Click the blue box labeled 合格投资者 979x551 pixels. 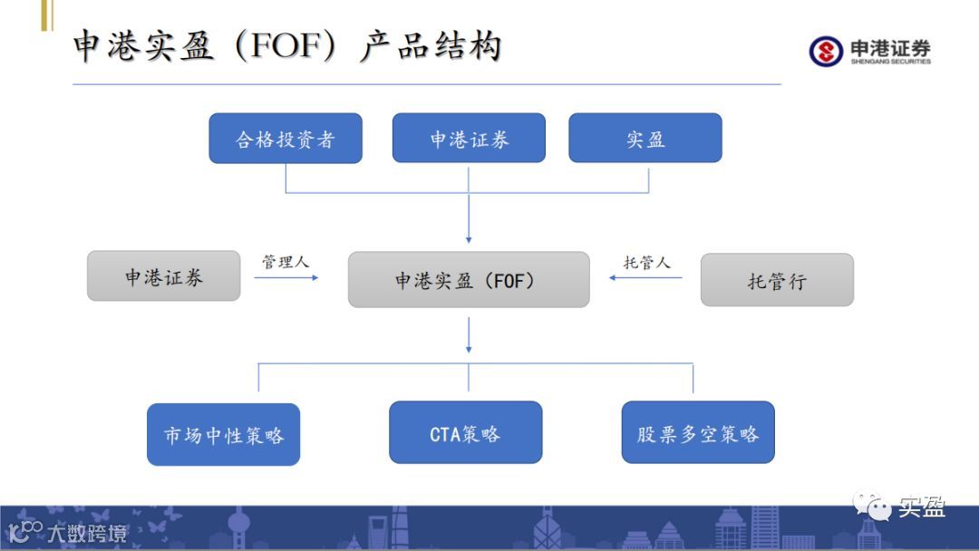point(286,139)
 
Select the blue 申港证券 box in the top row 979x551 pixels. point(469,139)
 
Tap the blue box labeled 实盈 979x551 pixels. point(645,139)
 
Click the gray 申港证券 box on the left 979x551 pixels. point(164,276)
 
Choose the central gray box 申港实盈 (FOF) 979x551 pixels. point(469,280)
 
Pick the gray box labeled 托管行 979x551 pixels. point(777,280)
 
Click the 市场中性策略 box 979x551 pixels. point(224,435)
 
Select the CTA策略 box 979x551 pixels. point(465,433)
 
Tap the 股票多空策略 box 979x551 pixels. point(698,433)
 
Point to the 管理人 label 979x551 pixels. point(286,262)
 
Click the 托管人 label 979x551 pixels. point(646,262)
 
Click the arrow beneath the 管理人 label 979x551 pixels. point(286,277)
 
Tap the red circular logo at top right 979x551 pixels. point(825,51)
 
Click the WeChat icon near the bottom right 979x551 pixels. point(872,507)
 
